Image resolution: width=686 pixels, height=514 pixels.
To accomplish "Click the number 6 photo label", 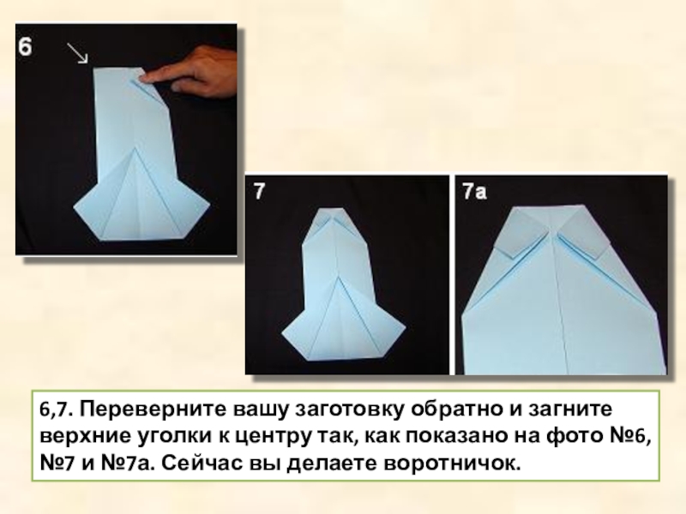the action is (x=25, y=46).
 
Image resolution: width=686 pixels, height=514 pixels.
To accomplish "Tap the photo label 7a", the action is (x=475, y=191).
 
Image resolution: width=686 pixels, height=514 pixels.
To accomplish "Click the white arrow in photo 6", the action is (x=78, y=53).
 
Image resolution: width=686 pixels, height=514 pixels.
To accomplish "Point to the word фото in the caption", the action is (x=573, y=436).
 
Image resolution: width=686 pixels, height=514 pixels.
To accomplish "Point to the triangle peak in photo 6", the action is (x=135, y=148).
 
